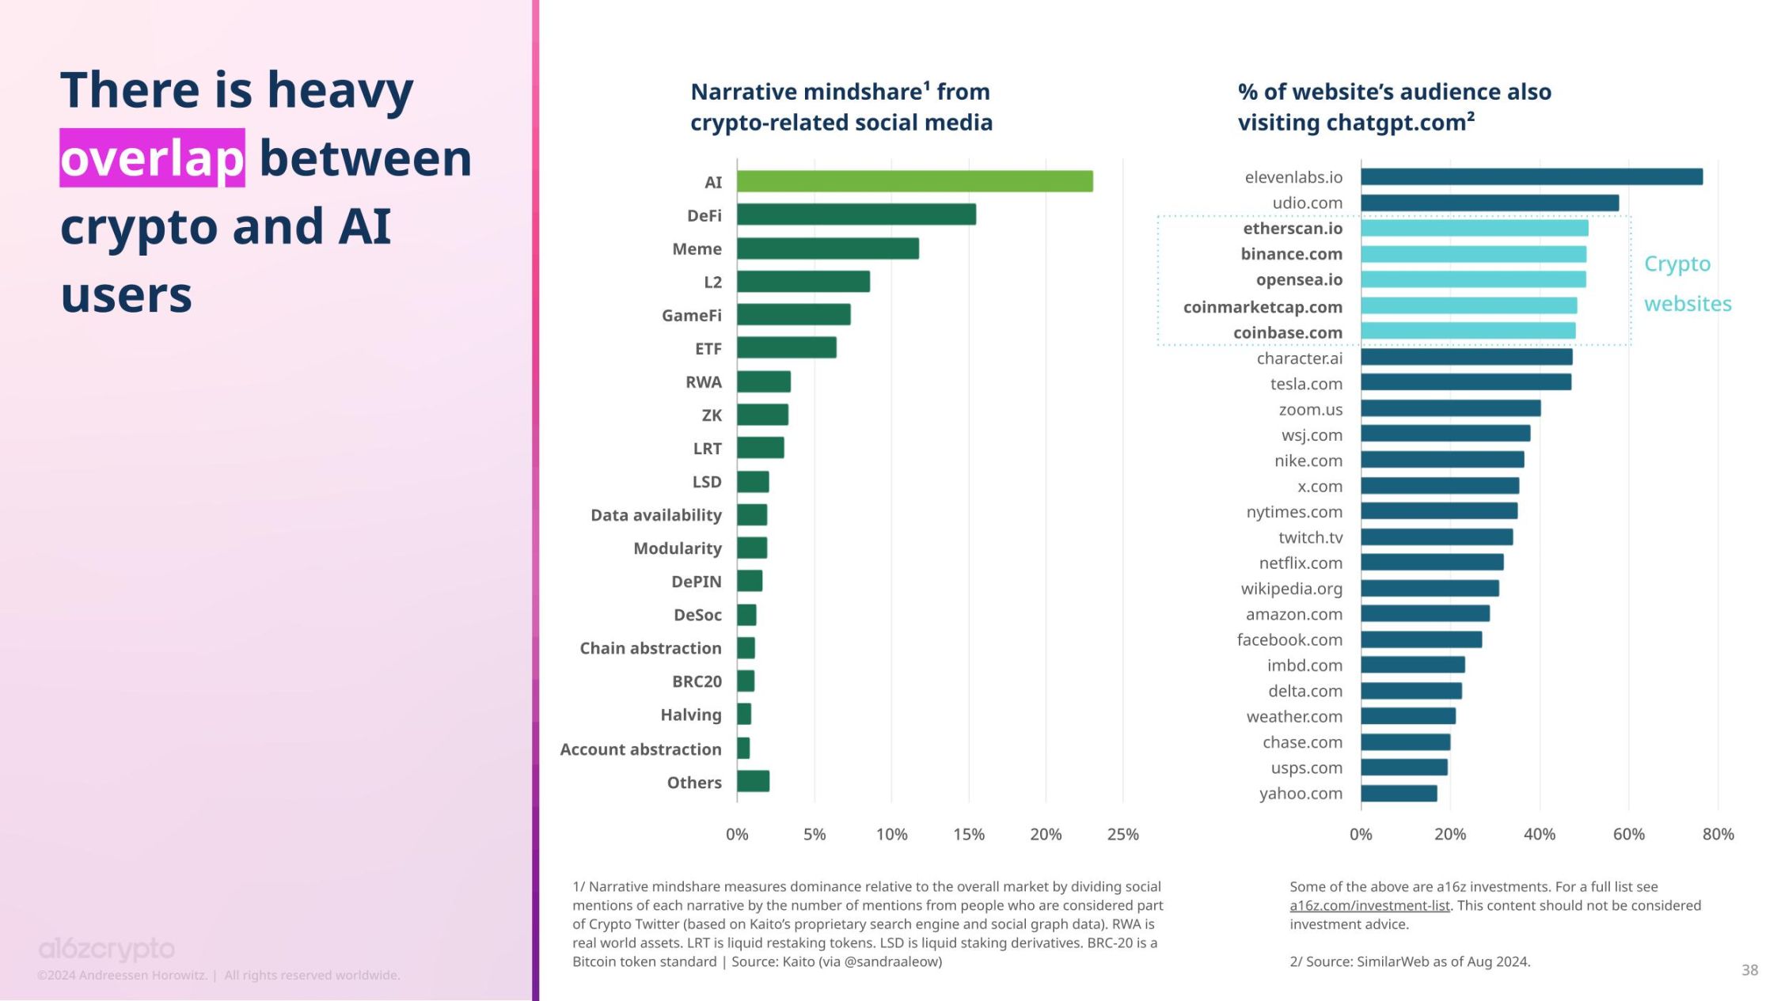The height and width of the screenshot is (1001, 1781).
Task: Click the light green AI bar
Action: [914, 181]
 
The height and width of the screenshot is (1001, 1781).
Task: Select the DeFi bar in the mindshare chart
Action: [856, 214]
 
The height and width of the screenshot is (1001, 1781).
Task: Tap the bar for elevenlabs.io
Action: [1531, 177]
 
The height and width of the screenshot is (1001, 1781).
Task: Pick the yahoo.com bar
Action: [1399, 793]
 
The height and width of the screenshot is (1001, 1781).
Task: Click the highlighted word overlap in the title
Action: [152, 158]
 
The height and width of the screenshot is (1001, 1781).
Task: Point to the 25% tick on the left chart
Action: [1122, 834]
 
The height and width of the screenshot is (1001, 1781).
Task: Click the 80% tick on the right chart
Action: [1718, 834]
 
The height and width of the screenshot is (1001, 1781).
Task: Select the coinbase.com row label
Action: [1287, 332]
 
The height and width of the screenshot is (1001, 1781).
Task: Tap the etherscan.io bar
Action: [1474, 228]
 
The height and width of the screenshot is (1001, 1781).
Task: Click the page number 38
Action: [1749, 969]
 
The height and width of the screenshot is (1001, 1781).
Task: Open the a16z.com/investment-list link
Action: [1369, 905]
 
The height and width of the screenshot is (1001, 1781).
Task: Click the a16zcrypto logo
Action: [107, 948]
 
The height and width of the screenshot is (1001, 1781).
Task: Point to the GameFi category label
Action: [691, 315]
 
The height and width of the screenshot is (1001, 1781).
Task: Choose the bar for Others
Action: [753, 782]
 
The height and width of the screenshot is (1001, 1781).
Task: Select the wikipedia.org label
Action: [1291, 589]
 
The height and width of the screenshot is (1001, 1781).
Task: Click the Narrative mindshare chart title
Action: [841, 107]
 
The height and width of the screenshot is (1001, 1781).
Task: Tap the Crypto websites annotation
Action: [1686, 283]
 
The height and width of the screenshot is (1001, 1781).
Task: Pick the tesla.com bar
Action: [1466, 383]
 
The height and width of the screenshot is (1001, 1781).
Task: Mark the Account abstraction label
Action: [640, 749]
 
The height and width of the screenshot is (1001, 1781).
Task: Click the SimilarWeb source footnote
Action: [1410, 961]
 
